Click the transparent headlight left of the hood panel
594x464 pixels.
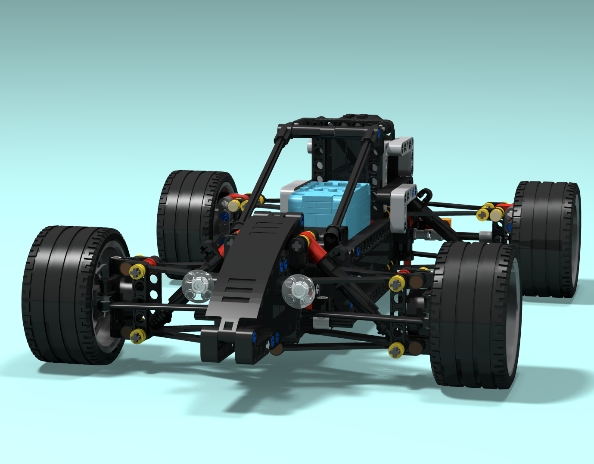198,285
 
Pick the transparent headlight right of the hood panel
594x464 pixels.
298,291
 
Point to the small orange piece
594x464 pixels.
446,223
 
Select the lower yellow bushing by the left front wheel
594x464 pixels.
137,336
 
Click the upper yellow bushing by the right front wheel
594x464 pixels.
397,283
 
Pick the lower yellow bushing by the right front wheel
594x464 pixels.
396,351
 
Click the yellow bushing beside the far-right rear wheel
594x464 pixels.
483,214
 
